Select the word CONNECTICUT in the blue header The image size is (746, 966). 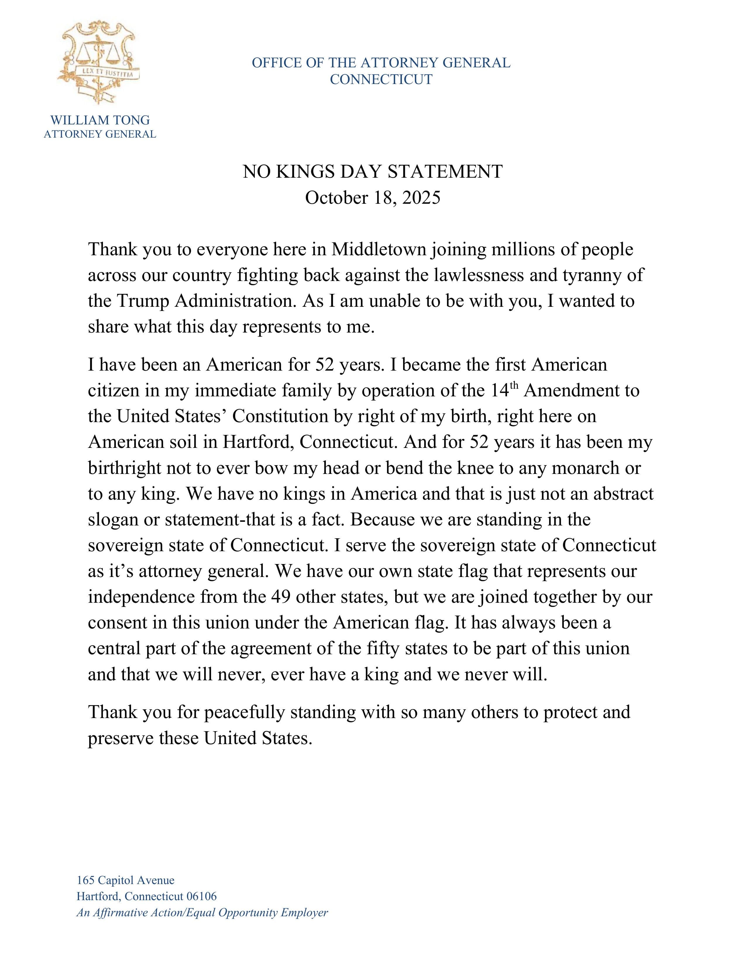[381, 80]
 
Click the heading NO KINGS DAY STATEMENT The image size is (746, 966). [372, 172]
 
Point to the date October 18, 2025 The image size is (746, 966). [372, 198]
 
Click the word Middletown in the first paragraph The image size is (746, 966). [379, 249]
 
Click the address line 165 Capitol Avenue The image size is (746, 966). [126, 880]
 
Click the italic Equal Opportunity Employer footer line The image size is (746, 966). [202, 912]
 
